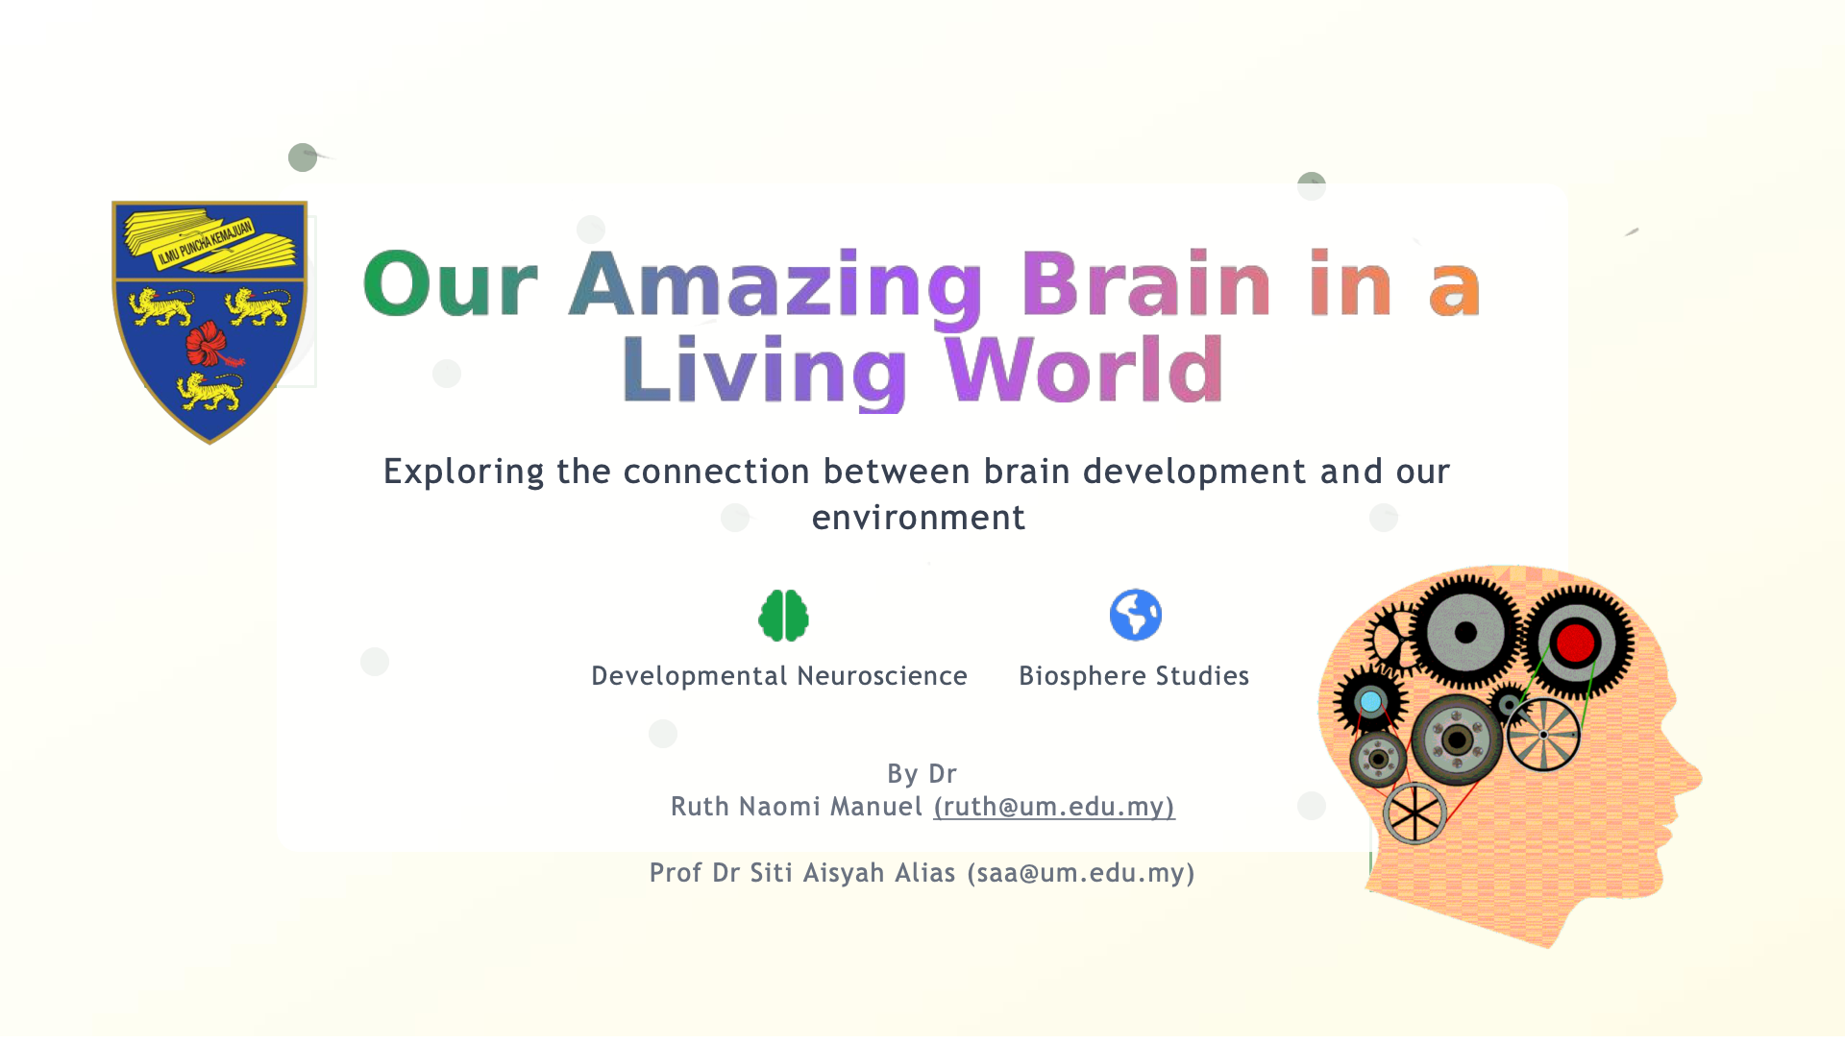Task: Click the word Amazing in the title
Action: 776,285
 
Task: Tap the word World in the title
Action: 1084,370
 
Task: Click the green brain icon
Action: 783,615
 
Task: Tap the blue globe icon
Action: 1135,615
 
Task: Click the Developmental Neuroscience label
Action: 779,676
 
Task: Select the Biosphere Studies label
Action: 1134,676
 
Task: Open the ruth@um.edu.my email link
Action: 1054,807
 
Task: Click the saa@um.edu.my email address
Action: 1081,873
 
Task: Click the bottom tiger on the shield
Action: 209,391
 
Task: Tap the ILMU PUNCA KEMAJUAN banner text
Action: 205,242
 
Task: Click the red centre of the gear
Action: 1575,643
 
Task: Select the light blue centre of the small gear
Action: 1370,702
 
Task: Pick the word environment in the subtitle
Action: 919,519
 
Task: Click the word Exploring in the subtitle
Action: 464,473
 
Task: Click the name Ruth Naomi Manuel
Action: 797,807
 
